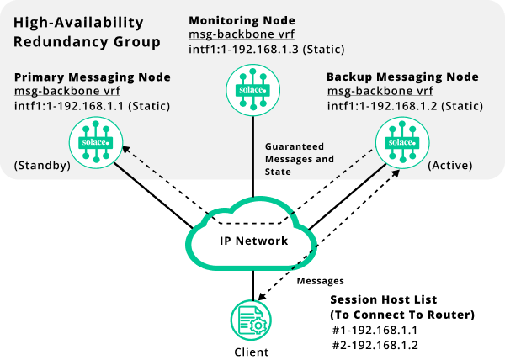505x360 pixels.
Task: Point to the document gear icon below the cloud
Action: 251,320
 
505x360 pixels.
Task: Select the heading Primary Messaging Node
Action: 93,77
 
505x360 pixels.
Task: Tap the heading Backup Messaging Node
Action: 402,77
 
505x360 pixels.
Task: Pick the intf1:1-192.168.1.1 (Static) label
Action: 93,106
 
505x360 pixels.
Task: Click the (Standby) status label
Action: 42,166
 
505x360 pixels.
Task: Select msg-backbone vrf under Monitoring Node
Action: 242,34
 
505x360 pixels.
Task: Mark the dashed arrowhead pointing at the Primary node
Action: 125,150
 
